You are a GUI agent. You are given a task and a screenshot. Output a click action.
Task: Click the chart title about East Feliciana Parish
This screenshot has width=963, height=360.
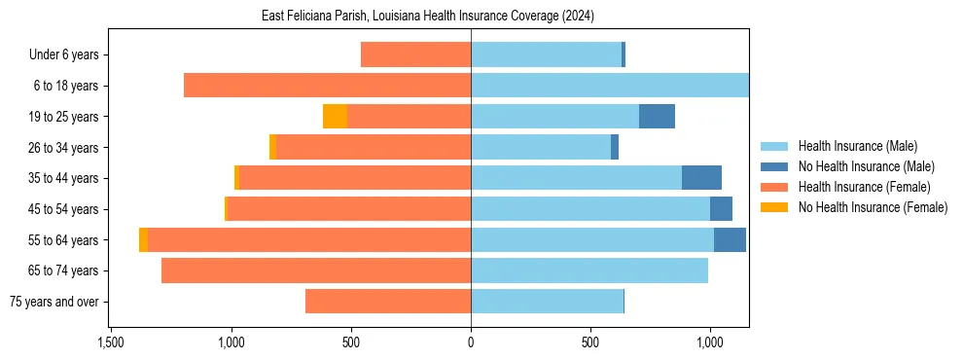(x=428, y=17)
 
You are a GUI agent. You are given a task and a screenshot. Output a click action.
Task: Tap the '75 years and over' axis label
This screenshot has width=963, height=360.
(x=54, y=302)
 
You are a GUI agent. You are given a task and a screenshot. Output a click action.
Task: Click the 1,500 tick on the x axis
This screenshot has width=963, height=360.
(x=111, y=342)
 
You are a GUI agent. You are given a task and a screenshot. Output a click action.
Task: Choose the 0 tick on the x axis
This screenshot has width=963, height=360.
(x=471, y=342)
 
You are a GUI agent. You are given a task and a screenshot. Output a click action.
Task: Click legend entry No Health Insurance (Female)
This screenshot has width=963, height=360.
(x=873, y=207)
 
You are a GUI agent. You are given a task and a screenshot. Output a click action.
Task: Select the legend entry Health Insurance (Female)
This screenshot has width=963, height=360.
(x=864, y=187)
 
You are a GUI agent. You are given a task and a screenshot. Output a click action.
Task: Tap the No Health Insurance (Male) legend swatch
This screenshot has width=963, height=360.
(x=774, y=166)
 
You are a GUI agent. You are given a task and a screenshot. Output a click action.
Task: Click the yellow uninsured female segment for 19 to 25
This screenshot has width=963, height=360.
(x=335, y=117)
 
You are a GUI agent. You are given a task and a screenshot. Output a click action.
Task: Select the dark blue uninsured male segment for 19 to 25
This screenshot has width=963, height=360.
(x=657, y=117)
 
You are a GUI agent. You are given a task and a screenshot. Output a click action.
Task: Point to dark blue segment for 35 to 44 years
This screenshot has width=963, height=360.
(x=701, y=178)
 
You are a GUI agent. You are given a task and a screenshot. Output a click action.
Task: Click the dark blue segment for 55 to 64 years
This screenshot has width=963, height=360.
(x=730, y=239)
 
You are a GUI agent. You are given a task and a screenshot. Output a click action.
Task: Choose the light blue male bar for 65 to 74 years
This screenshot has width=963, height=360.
(x=589, y=270)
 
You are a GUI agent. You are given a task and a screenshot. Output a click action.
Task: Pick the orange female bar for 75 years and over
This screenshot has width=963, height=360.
(x=388, y=302)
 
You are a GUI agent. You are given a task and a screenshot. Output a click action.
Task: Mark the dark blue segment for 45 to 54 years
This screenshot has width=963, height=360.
(x=721, y=209)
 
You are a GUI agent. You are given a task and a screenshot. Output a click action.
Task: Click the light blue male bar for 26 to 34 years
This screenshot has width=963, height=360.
(x=541, y=147)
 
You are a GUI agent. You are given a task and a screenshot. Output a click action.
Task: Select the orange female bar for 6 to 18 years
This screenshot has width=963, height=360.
(x=327, y=86)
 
